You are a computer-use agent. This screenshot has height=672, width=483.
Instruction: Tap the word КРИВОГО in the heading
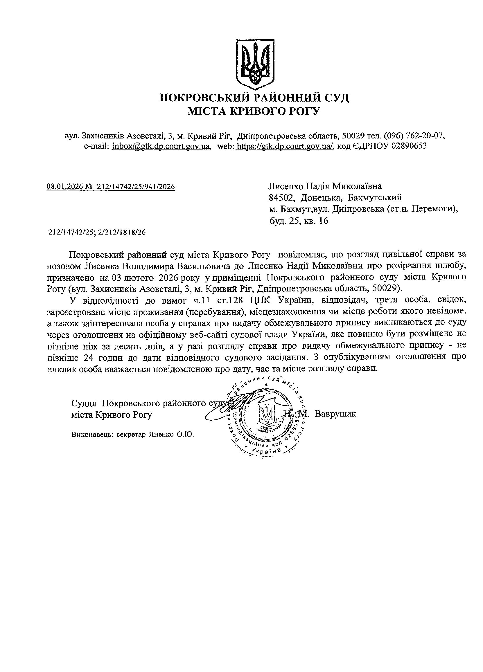(x=253, y=111)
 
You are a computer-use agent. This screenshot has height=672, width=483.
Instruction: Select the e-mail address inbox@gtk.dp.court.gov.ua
(x=161, y=146)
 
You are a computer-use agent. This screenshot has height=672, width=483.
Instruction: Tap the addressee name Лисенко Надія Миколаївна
(x=325, y=186)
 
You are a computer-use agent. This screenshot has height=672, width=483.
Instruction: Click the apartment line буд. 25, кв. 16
(x=298, y=221)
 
